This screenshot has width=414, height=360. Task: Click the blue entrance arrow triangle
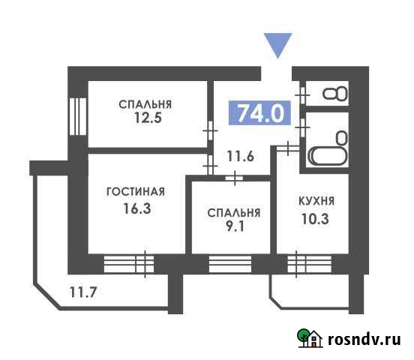[280, 45]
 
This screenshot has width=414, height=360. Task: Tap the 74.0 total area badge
[259, 113]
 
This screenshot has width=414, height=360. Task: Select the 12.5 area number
[145, 118]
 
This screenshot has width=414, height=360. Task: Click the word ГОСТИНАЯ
[135, 192]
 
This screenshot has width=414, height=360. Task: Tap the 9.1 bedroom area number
[234, 229]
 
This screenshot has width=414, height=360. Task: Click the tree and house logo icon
[310, 338]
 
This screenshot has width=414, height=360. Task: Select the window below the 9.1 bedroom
[230, 263]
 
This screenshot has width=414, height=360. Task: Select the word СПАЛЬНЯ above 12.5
[145, 103]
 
